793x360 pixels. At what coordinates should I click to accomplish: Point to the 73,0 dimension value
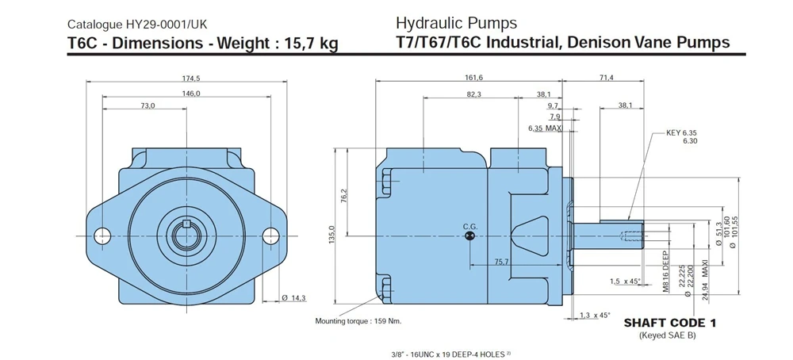(147, 105)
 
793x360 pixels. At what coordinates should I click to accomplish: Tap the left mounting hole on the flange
(102, 236)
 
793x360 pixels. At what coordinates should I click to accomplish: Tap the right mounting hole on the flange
(270, 236)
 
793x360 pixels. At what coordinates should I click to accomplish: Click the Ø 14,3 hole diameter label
(294, 298)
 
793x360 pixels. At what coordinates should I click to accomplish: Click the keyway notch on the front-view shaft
(186, 224)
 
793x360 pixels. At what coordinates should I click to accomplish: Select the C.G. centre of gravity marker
(469, 236)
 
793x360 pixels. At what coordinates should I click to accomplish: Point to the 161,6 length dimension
(474, 78)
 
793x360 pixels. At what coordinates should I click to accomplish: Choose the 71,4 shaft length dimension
(606, 78)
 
